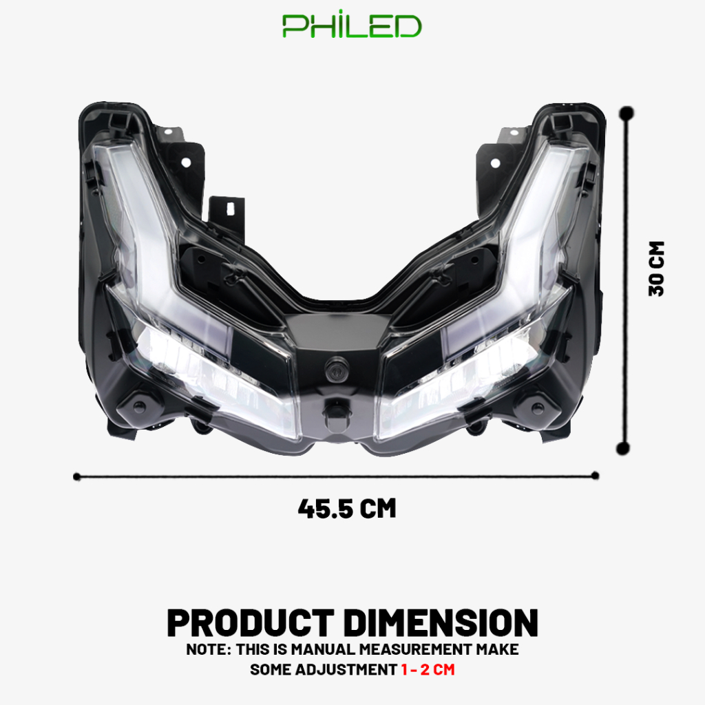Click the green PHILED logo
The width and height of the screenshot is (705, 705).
point(352,25)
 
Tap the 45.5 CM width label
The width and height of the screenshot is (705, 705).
point(347,509)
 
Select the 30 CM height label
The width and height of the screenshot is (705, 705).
point(656,269)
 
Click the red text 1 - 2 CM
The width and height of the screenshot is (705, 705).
point(428,669)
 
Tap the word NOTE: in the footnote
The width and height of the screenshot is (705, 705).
point(209,649)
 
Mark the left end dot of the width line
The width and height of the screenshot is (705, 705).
point(77,476)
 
